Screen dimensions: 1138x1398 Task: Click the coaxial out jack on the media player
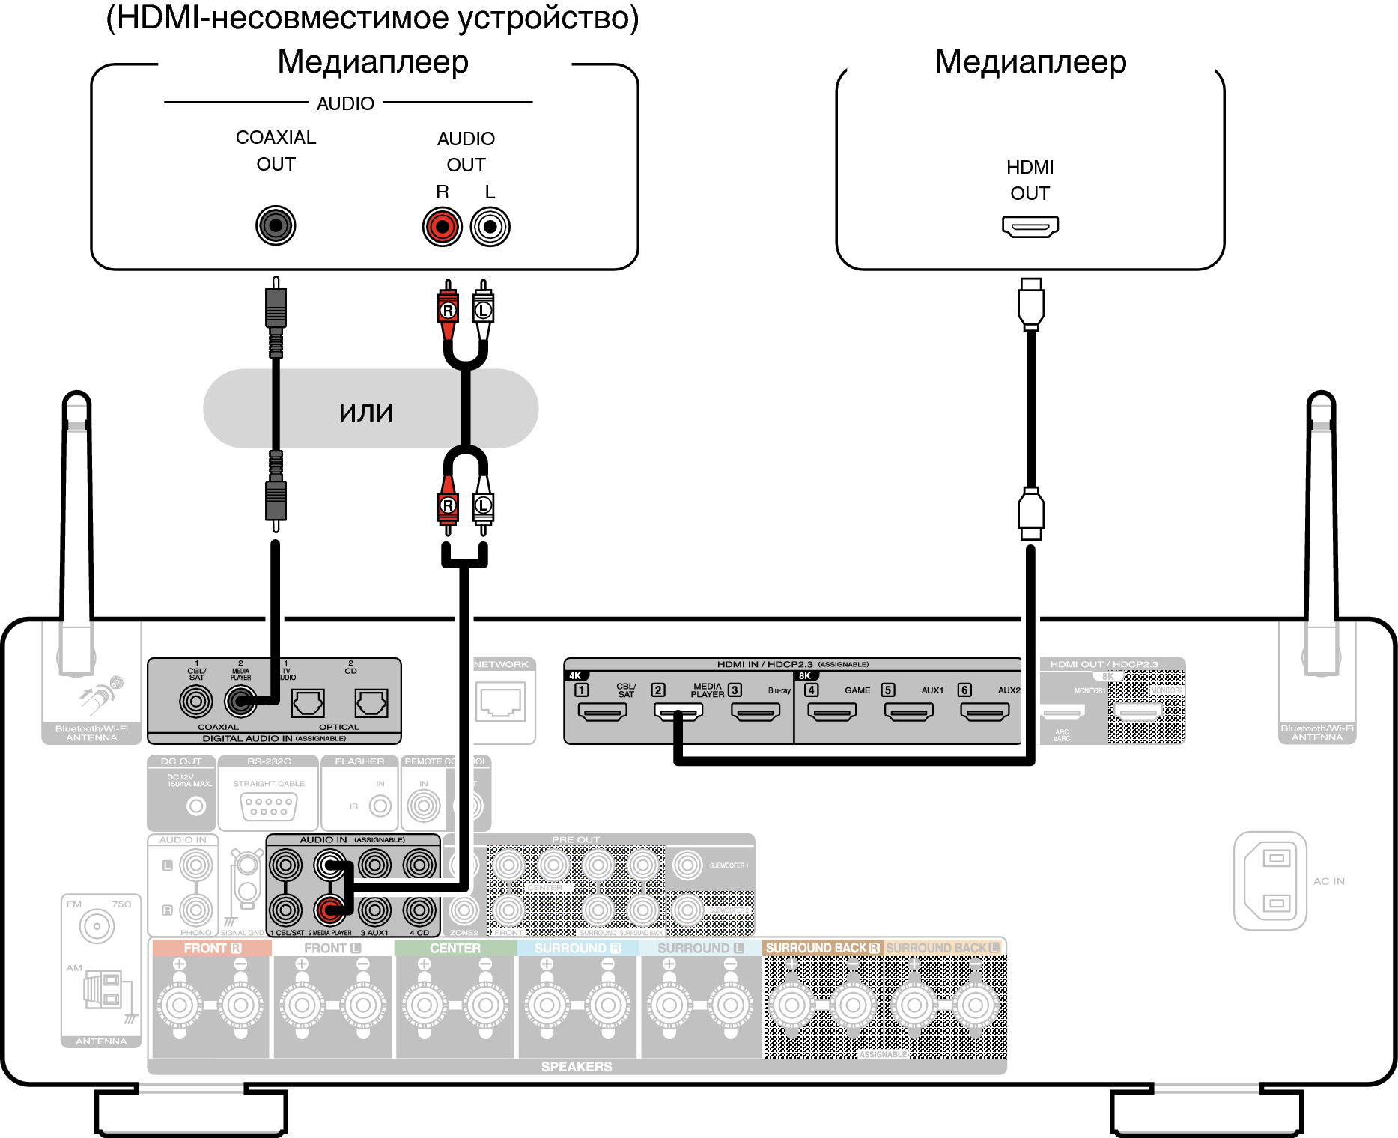(x=276, y=225)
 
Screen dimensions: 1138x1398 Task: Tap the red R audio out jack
(x=442, y=227)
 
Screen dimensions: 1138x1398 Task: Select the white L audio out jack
(x=490, y=227)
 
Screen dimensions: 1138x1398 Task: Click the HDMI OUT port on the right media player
(x=1030, y=226)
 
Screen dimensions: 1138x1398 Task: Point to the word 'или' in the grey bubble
(x=365, y=411)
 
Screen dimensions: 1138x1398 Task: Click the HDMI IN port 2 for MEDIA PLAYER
(x=678, y=711)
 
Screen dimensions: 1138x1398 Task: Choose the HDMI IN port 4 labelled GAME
(x=831, y=711)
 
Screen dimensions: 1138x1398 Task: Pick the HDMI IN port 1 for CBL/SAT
(x=602, y=711)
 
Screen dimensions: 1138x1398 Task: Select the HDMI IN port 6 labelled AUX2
(x=985, y=711)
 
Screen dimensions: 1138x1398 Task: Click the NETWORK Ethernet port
(x=501, y=703)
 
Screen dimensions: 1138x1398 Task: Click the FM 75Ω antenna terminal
(x=97, y=927)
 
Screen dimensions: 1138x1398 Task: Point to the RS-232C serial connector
(x=269, y=806)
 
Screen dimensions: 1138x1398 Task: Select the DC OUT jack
(x=196, y=806)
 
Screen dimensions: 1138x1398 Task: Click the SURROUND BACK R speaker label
(x=822, y=948)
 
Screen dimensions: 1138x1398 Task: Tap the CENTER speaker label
(x=455, y=948)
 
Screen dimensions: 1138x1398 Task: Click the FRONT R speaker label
(x=212, y=948)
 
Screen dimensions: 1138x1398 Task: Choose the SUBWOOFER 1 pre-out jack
(x=687, y=865)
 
